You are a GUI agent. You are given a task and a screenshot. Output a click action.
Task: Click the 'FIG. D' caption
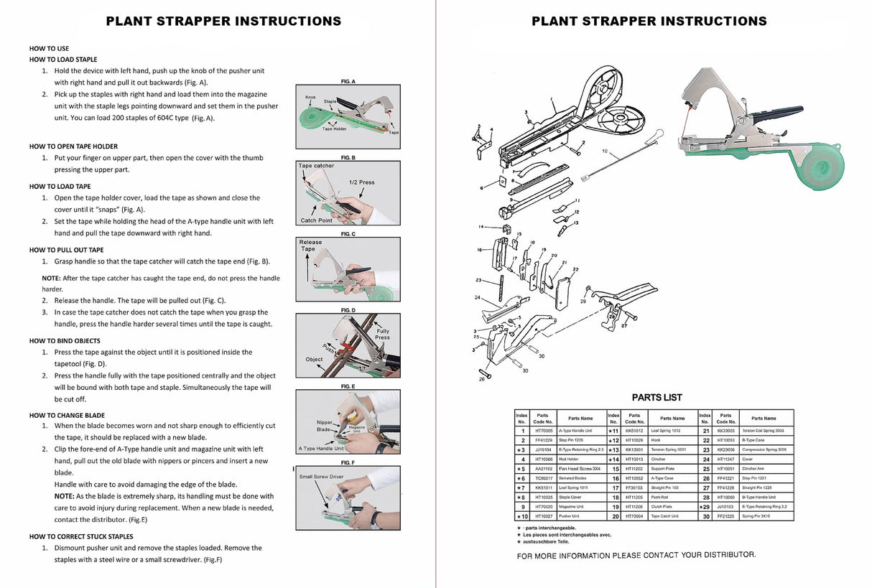[x=348, y=310]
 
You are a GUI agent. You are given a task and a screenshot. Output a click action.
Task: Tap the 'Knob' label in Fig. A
[x=310, y=97]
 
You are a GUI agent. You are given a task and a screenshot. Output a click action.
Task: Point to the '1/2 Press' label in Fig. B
[x=361, y=182]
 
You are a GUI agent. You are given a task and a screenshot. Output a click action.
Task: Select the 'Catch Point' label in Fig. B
[x=317, y=220]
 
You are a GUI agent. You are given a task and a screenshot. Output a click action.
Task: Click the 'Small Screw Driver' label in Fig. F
[x=321, y=477]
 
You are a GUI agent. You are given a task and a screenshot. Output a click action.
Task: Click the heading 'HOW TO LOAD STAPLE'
[x=63, y=60]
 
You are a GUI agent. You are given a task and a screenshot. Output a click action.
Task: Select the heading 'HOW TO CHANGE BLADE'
[x=67, y=415]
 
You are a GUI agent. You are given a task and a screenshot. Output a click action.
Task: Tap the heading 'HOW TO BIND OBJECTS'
[x=65, y=341]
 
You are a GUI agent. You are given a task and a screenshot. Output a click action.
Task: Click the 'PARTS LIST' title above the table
[x=657, y=397]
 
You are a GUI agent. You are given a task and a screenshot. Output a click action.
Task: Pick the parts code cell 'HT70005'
[x=543, y=431]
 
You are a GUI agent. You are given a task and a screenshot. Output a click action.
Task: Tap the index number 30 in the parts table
[x=705, y=516]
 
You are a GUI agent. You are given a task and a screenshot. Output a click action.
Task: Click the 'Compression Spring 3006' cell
[x=763, y=449]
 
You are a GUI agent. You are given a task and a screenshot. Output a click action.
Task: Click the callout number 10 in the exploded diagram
[x=605, y=151]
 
